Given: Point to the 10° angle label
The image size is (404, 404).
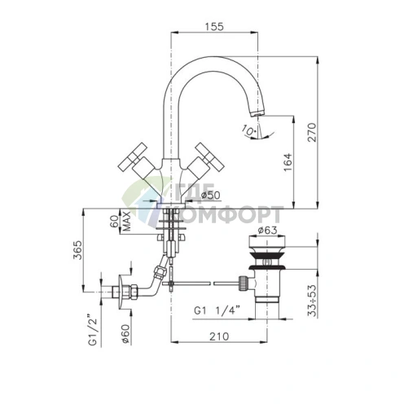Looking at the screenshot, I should tap(246, 129).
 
